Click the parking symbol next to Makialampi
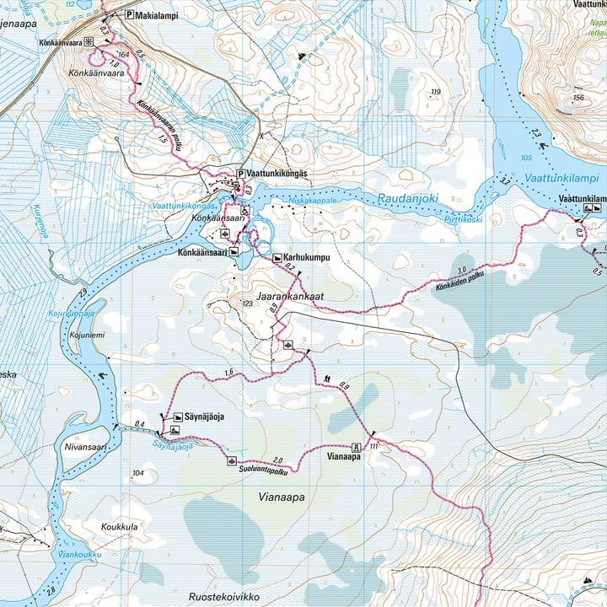[129, 14]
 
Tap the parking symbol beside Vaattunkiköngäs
[240, 174]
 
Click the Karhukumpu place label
[305, 256]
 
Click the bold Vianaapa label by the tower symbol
[344, 456]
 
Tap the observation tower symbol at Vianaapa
[356, 447]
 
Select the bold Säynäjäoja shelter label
[205, 416]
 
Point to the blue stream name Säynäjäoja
[173, 445]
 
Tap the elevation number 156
[577, 98]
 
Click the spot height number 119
[435, 92]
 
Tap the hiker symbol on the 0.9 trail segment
[326, 378]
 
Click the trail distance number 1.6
[228, 372]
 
